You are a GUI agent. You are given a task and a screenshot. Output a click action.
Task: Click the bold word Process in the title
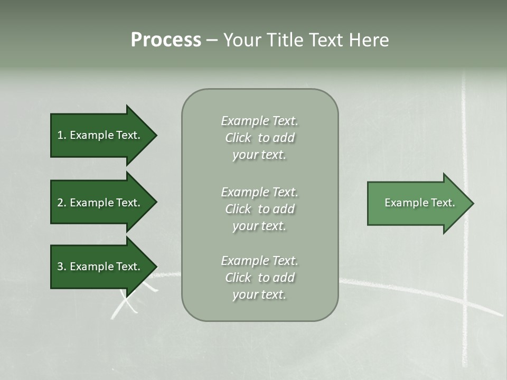(166, 40)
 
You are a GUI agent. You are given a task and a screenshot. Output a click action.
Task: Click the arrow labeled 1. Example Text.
(100, 135)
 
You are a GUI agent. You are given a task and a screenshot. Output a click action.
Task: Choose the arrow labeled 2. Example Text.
(100, 203)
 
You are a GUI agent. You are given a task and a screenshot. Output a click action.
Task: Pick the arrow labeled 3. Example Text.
(100, 267)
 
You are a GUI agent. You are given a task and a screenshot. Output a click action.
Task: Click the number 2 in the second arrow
(60, 203)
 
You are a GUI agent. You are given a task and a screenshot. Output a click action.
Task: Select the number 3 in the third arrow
(60, 267)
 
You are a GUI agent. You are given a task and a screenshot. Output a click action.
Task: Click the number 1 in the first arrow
(60, 135)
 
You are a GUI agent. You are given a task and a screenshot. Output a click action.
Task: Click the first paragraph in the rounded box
(259, 138)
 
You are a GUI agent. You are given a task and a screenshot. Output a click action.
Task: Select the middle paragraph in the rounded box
(259, 209)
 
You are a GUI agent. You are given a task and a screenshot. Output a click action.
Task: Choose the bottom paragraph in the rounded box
(259, 278)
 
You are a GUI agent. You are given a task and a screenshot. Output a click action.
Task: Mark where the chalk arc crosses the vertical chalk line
(465, 303)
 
